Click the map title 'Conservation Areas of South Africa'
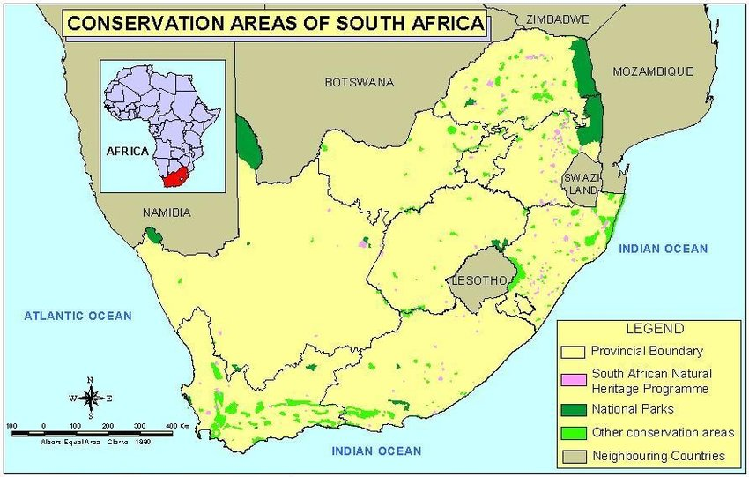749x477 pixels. click(x=276, y=24)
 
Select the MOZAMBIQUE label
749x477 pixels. click(x=653, y=71)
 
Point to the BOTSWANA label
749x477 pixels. click(x=359, y=82)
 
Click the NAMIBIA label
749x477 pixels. click(x=167, y=212)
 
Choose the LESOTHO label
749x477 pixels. click(x=478, y=281)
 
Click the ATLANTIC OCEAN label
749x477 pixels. click(x=78, y=316)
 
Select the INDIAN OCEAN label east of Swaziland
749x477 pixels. click(x=663, y=249)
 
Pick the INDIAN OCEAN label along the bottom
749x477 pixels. click(x=376, y=451)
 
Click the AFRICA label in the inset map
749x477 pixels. click(x=128, y=151)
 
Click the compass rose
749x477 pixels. click(x=90, y=398)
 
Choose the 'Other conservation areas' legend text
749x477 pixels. click(x=662, y=432)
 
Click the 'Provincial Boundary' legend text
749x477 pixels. click(x=647, y=351)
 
